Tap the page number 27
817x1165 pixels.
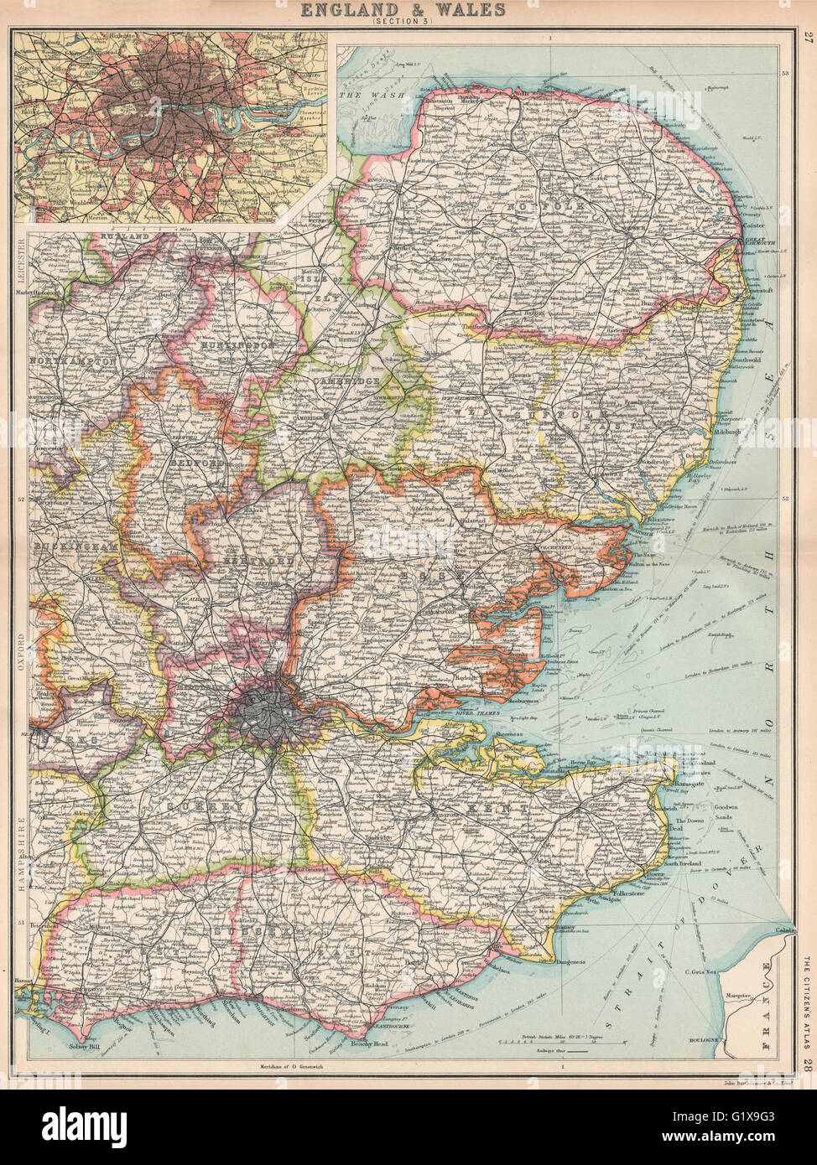(x=806, y=36)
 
